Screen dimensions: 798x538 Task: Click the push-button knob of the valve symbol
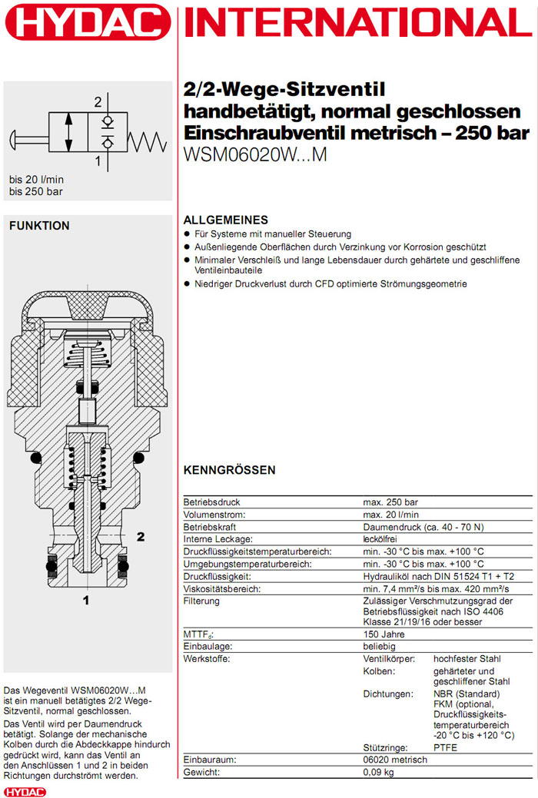16,141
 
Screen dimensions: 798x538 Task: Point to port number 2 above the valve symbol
98,102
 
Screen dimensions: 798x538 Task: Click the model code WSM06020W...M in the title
255,154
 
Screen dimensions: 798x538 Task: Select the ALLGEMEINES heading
225,220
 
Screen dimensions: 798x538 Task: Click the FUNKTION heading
39,226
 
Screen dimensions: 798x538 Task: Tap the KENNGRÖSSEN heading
229,470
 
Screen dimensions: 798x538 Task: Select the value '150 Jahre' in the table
384,634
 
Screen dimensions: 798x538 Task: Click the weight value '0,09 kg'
378,771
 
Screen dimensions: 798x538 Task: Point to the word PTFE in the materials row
447,747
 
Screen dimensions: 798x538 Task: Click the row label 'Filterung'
201,601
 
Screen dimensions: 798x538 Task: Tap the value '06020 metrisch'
395,759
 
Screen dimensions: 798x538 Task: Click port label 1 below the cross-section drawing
86,600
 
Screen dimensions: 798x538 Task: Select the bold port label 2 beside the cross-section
141,536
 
